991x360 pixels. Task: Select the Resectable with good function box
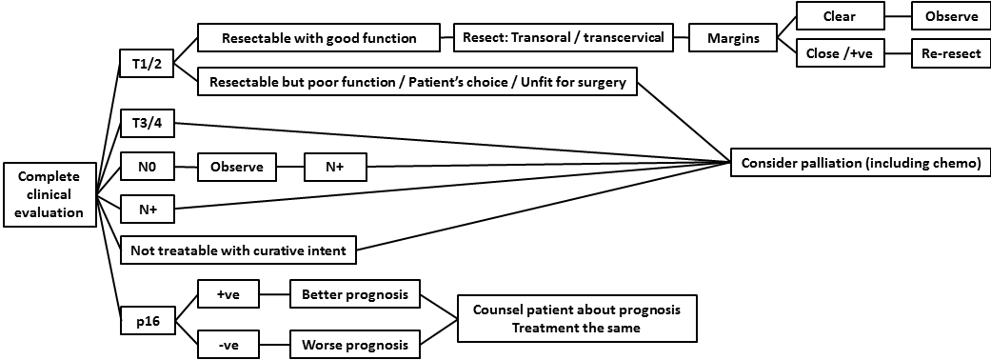tap(319, 39)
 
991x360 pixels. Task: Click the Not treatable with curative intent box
tap(239, 251)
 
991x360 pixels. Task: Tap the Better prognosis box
tap(354, 295)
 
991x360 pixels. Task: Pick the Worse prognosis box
tap(354, 344)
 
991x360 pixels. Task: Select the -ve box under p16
tap(228, 344)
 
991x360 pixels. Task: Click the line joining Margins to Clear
tap(786, 27)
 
